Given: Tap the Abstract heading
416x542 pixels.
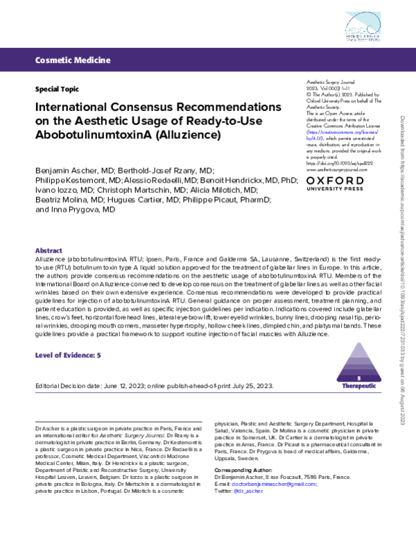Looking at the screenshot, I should click(x=49, y=250).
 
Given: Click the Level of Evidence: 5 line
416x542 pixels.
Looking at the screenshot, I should click(x=69, y=355).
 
